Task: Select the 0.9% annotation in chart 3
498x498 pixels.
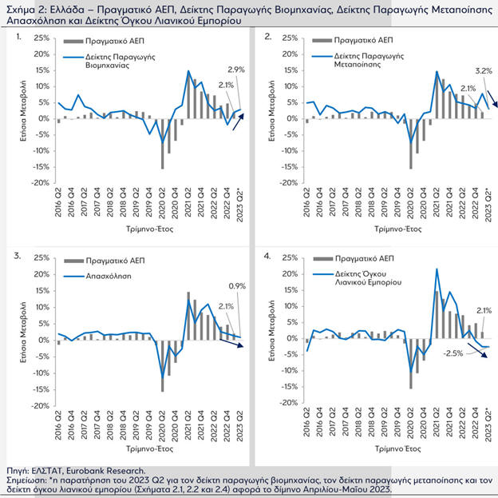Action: pyautogui.click(x=236, y=286)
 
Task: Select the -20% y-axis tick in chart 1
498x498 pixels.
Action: pyautogui.click(x=37, y=183)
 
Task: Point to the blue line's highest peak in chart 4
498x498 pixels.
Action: pyautogui.click(x=437, y=269)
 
